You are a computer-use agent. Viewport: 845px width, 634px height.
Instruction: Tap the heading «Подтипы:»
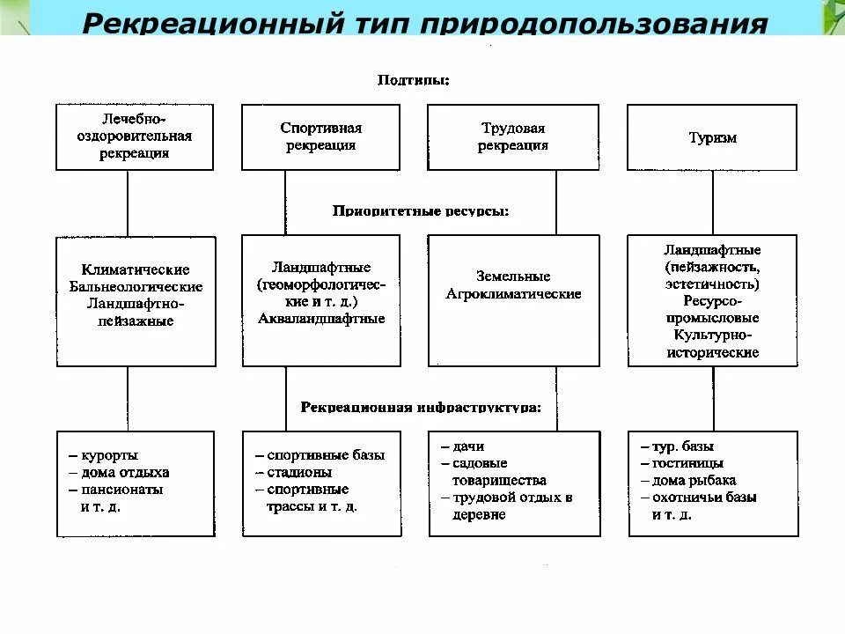414,80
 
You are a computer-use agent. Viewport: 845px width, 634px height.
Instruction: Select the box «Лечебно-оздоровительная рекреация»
134,137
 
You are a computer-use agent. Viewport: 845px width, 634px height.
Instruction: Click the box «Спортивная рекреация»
320,137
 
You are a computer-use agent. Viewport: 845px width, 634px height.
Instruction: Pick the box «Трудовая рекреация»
513,137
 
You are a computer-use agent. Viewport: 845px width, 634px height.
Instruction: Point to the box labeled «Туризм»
712,138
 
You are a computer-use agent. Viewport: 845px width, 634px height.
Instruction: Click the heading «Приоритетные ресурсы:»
421,211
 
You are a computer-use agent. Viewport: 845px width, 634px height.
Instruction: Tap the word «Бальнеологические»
136,287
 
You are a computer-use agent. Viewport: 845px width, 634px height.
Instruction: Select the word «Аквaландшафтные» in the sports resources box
321,319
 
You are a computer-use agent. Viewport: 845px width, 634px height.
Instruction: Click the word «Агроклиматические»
513,294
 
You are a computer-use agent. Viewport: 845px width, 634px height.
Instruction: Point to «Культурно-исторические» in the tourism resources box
712,343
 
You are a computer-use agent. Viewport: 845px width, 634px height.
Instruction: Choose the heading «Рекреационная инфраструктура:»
421,408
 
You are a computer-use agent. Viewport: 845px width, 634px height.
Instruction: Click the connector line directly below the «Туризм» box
713,203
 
